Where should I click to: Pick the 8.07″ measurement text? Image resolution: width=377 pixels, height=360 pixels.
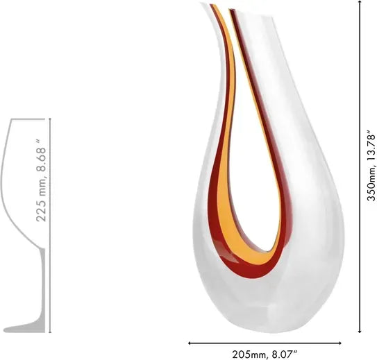click(x=286, y=354)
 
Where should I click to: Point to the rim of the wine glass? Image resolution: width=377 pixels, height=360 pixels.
click(x=31, y=119)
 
